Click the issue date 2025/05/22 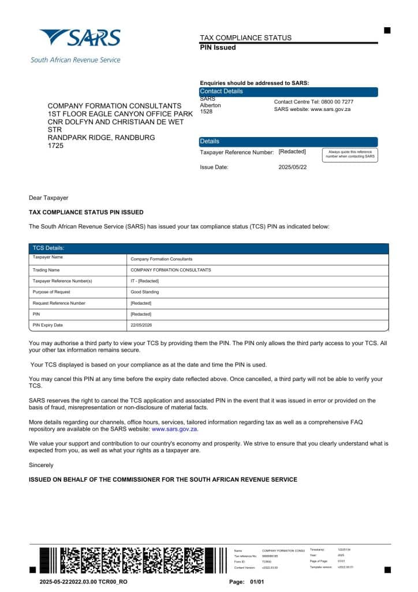[293, 167]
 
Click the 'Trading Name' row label [46, 270]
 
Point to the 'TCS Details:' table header [48, 248]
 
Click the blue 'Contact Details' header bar [289, 91]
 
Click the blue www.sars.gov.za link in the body [174, 429]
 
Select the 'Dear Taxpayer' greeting [48, 198]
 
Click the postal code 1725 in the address [55, 146]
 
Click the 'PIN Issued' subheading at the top [218, 47]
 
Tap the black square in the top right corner [387, 30]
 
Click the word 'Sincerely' [41, 465]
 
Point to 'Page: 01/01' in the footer [246, 582]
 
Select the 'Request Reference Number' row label [59, 303]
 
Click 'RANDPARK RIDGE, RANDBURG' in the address [101, 138]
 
